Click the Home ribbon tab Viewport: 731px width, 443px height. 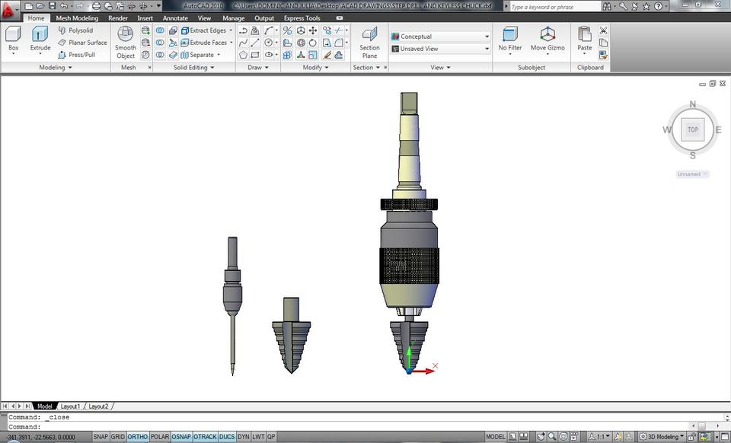point(36,18)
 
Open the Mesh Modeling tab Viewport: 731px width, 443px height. point(77,18)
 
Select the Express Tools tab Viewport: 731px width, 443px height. point(302,18)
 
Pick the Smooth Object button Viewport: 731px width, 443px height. point(126,41)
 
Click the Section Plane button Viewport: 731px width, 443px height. point(369,41)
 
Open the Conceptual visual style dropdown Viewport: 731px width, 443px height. point(440,37)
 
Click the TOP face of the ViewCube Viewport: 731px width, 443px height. point(692,129)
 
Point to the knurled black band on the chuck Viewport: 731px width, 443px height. point(410,266)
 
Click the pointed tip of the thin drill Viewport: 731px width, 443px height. point(233,372)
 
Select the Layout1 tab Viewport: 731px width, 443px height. point(70,406)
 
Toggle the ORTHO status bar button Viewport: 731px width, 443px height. point(138,437)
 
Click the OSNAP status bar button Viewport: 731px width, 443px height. point(181,437)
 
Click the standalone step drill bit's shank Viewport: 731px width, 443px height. point(291,308)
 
